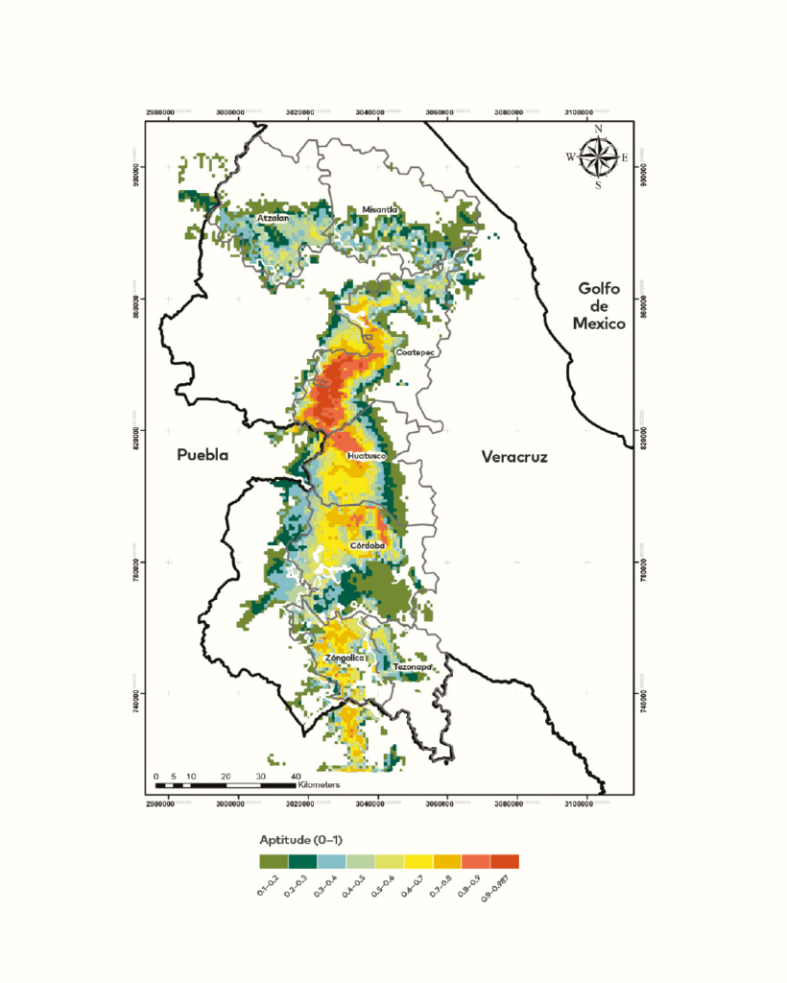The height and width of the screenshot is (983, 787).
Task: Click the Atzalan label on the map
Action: pyautogui.click(x=274, y=219)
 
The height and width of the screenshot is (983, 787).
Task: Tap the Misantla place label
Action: pyautogui.click(x=379, y=209)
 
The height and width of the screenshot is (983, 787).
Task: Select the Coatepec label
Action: pyautogui.click(x=416, y=353)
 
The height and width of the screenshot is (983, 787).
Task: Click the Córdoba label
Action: pyautogui.click(x=368, y=545)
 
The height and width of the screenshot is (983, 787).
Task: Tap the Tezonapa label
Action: pyautogui.click(x=412, y=667)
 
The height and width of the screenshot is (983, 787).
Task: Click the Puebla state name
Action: pyautogui.click(x=203, y=456)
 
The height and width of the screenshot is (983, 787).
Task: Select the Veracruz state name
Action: pyautogui.click(x=513, y=458)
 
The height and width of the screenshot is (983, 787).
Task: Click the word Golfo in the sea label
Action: pyautogui.click(x=601, y=288)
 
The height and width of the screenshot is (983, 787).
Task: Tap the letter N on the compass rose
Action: pyautogui.click(x=598, y=129)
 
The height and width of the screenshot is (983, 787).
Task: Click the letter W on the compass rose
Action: pyautogui.click(x=570, y=156)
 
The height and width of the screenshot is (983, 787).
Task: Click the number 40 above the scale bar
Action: pyautogui.click(x=296, y=775)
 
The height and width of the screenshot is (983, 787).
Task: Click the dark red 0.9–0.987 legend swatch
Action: pyautogui.click(x=505, y=861)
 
